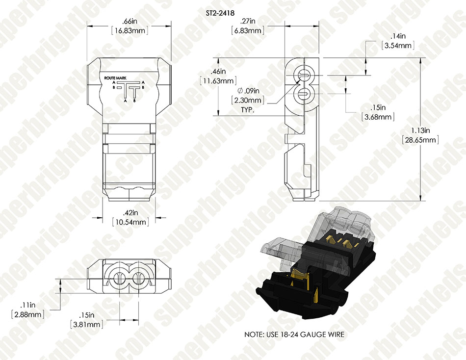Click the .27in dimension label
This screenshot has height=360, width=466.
[248, 21]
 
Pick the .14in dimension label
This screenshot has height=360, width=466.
[398, 36]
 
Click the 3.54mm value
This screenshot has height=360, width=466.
[398, 46]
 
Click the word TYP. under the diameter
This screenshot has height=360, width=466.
[248, 110]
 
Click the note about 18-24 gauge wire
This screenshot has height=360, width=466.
[294, 334]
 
